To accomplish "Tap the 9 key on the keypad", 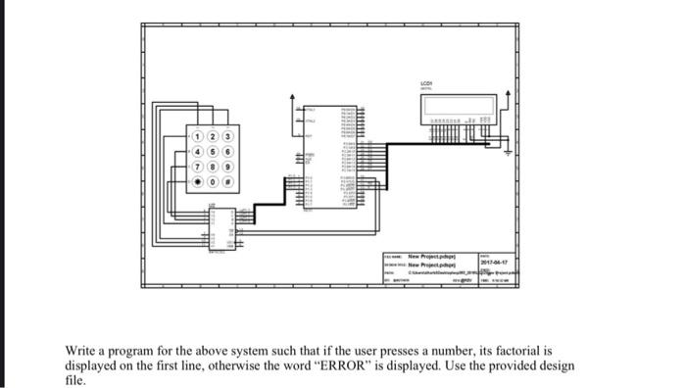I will (228, 166).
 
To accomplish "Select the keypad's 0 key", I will (213, 181).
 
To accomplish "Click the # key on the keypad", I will (228, 181).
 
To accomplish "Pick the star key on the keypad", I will (197, 181).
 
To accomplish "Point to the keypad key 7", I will (197, 166).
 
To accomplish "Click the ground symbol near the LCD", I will (507, 152).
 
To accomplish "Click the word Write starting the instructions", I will (81, 349).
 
